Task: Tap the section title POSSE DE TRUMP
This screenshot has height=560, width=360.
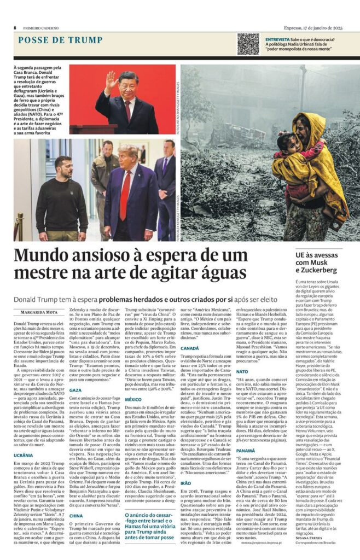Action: pos(60,40)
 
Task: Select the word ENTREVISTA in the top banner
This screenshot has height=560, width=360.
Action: pos(277,39)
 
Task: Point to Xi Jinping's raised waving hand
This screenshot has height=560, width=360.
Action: pos(113,82)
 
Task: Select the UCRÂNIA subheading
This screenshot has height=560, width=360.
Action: pos(23,455)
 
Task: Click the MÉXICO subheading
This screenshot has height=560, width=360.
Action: pos(133,399)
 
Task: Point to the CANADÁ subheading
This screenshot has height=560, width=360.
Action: pos(189,363)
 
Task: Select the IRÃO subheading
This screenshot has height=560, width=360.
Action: pos(187,483)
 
